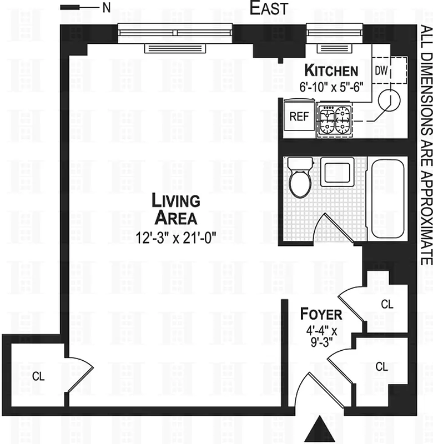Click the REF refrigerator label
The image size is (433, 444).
click(299, 117)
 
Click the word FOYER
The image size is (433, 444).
click(321, 314)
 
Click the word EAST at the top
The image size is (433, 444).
click(269, 9)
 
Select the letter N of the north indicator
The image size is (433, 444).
click(105, 8)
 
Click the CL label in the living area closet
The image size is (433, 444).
click(37, 376)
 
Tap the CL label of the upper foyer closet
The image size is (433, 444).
click(387, 304)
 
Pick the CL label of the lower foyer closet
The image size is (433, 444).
click(381, 366)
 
